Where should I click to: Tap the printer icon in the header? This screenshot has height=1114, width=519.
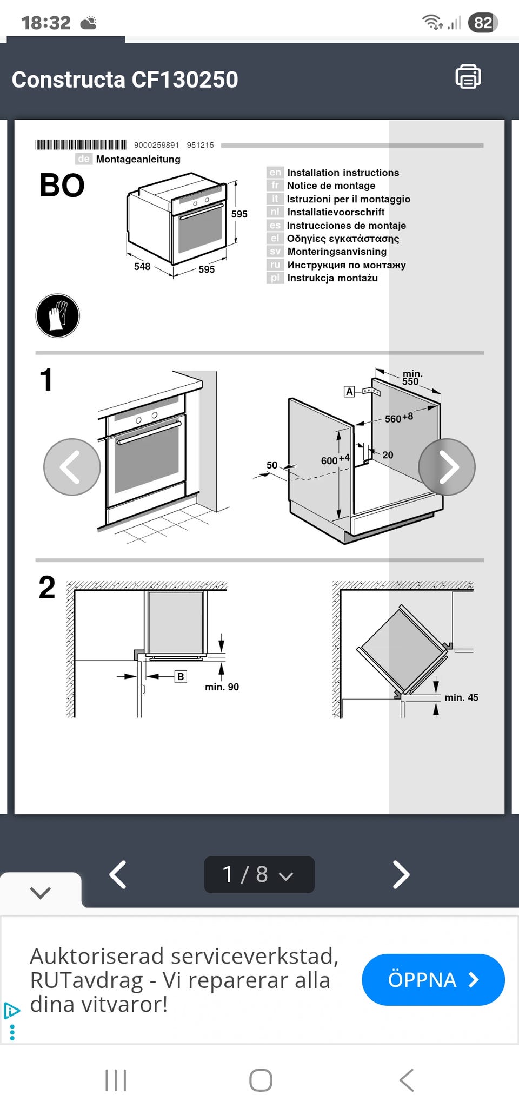468,77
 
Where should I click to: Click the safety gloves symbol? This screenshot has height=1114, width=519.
57,315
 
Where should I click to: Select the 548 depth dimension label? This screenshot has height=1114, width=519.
142,266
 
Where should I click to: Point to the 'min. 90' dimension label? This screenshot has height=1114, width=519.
222,687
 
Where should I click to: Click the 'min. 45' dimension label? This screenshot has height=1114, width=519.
461,697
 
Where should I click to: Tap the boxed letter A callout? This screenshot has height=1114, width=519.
349,391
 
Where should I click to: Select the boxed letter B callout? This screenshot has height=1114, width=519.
181,676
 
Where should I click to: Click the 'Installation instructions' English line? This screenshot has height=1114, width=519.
343,173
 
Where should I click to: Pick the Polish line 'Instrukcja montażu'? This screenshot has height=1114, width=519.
332,278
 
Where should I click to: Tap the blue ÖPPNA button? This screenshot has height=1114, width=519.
433,979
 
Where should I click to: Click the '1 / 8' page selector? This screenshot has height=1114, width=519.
259,874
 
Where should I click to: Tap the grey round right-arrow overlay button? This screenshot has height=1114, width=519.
447,467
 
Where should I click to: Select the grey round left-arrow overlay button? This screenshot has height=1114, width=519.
72,467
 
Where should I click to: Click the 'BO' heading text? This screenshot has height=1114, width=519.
62,186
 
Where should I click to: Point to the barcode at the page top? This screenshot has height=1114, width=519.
81,144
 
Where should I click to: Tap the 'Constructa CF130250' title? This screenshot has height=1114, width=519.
125,80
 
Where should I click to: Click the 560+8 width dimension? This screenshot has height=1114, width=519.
398,418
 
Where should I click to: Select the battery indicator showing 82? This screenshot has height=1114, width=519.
483,23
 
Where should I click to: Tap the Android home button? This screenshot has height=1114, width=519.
261,1080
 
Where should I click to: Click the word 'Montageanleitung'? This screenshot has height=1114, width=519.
138,159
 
